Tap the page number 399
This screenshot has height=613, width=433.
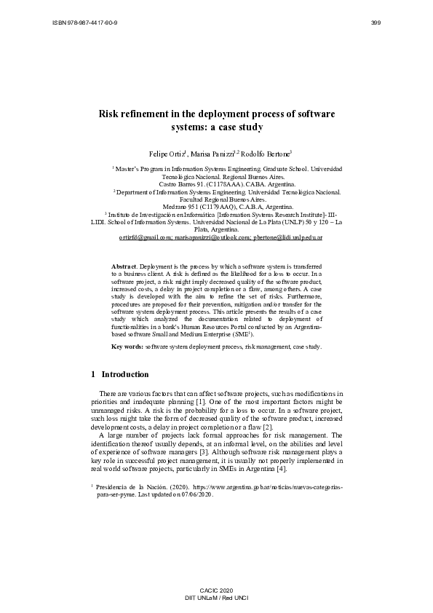click(x=376, y=23)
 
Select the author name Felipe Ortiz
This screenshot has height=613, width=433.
click(x=167, y=154)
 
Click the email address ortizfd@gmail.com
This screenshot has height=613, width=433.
click(x=146, y=237)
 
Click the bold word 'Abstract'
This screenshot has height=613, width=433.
click(x=124, y=267)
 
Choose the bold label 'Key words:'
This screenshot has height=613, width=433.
click(x=127, y=347)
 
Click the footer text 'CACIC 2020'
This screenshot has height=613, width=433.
click(x=216, y=588)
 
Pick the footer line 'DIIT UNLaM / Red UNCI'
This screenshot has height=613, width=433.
click(x=216, y=596)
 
